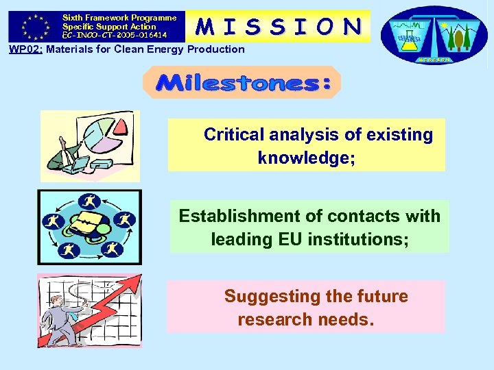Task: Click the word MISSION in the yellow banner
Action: click(x=278, y=26)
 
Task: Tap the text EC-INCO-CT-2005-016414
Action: click(x=115, y=34)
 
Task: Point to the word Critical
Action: click(x=235, y=135)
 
